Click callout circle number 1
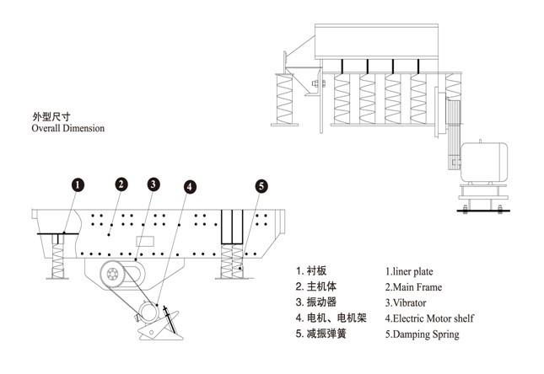(77, 184)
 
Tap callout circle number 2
(121, 184)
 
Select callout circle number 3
(153, 184)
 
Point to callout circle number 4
(190, 187)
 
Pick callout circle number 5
(261, 186)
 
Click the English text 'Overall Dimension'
(67, 129)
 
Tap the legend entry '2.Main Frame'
(413, 287)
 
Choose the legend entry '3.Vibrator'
(406, 302)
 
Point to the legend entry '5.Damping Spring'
(422, 334)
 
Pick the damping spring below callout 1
(57, 258)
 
